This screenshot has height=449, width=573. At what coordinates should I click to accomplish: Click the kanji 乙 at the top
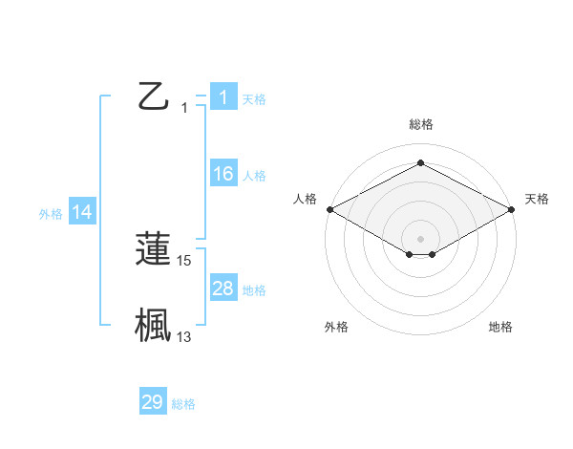[153, 96]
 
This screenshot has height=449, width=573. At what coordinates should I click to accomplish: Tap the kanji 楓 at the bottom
[153, 325]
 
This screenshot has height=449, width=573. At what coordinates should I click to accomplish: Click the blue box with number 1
[223, 97]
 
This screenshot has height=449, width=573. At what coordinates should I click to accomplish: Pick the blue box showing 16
[223, 174]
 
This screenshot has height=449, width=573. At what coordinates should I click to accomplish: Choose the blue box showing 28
[223, 289]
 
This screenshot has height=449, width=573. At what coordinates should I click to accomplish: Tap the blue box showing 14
[82, 213]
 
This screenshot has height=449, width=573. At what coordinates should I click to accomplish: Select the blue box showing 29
[153, 402]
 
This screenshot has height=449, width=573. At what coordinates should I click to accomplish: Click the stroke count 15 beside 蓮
[184, 260]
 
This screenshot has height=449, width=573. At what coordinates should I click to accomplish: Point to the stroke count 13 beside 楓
[184, 336]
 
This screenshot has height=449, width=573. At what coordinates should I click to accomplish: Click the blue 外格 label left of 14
[51, 214]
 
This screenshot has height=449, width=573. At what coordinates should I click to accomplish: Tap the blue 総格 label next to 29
[183, 404]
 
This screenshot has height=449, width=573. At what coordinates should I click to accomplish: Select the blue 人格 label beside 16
[254, 176]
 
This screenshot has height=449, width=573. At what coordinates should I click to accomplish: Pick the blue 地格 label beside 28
[254, 290]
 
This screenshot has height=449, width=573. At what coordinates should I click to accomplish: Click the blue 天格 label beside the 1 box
[254, 99]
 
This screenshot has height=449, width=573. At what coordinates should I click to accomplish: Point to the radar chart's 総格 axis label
[420, 124]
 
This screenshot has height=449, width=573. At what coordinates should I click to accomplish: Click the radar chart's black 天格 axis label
[537, 199]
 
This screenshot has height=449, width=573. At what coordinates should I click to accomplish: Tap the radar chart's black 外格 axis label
[336, 328]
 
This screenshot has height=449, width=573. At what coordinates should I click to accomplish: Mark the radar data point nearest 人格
[329, 208]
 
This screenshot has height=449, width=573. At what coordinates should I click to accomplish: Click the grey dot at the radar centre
[420, 238]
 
